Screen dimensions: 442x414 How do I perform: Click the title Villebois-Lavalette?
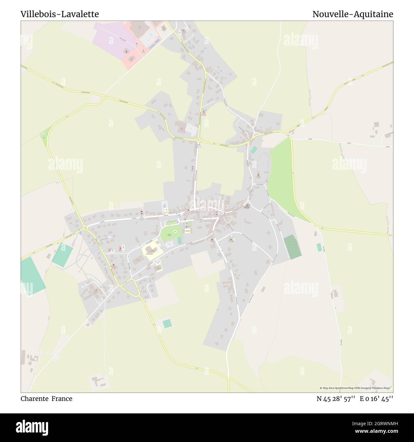coord(60,14)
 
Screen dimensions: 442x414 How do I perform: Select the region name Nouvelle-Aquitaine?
coord(353,14)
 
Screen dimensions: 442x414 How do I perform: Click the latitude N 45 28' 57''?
coord(336,398)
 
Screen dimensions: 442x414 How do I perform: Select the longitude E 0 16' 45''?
coord(376,398)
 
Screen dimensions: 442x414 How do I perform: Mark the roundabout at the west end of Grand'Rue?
coord(85,228)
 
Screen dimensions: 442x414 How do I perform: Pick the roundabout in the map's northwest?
coord(104,96)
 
